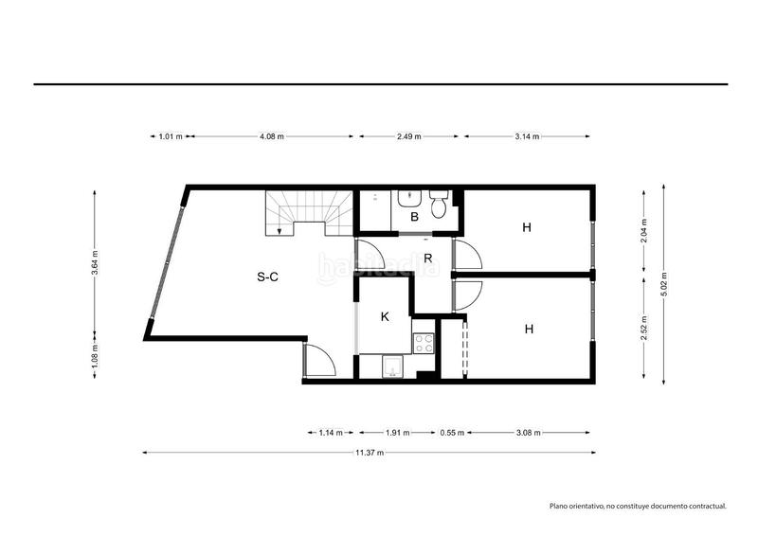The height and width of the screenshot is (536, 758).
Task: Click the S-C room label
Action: click(267, 277)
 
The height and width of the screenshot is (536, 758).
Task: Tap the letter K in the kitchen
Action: click(385, 316)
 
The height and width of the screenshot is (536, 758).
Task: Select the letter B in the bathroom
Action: click(414, 217)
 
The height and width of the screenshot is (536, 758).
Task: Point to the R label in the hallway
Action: click(428, 259)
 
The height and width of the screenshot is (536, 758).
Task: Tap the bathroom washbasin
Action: click(410, 198)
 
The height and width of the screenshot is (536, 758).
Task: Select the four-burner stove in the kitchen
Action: click(424, 343)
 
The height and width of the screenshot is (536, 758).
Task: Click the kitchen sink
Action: click(392, 366)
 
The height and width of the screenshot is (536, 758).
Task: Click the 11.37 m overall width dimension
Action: click(370, 453)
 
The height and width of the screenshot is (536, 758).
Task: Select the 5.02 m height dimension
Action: click(664, 284)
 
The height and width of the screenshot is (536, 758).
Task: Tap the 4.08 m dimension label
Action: click(272, 136)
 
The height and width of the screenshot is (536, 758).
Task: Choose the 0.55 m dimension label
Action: click(452, 433)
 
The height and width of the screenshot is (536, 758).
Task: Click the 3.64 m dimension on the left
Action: click(95, 262)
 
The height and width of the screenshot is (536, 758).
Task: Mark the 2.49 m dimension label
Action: click(409, 136)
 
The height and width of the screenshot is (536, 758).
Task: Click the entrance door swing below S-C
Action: click(319, 360)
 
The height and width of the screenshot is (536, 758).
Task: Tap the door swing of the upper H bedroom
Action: click(467, 254)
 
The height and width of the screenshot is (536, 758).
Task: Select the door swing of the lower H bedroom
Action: click(467, 295)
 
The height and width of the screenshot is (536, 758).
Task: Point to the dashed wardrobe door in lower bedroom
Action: click(465, 347)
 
